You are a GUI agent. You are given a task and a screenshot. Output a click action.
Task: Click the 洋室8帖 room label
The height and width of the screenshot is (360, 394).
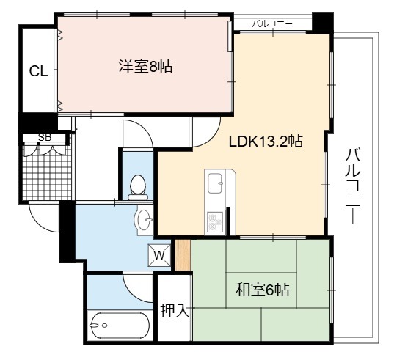[145, 66]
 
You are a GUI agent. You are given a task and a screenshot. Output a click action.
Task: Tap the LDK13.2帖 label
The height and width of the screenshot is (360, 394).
[266, 141]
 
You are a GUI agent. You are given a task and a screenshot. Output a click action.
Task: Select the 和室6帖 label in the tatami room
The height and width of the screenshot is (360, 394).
[262, 290]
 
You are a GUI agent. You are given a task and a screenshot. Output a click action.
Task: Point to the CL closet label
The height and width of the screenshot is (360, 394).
[38, 71]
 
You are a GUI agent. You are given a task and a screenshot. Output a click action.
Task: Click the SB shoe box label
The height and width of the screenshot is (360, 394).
[45, 138]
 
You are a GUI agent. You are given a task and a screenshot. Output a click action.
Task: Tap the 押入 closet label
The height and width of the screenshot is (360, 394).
[175, 311]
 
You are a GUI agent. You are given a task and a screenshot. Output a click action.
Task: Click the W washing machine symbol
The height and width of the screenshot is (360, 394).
[159, 255]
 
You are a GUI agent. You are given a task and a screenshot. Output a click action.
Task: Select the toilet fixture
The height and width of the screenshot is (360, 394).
[138, 187]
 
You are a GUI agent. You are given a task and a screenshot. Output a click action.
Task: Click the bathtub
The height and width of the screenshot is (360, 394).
[119, 326]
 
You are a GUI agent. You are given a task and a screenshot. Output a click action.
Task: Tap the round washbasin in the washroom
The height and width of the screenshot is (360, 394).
[144, 220]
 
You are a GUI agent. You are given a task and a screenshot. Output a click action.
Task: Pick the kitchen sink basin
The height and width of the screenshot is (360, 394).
[215, 183]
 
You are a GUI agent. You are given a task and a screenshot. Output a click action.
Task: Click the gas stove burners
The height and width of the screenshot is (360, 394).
[215, 221]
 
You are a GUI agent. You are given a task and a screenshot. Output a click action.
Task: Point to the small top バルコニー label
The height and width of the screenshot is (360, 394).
[272, 24]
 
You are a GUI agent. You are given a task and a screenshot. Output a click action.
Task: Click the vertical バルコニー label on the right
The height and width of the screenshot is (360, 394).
[352, 185]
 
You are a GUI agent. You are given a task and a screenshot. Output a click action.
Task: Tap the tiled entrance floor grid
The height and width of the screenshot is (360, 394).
[47, 172]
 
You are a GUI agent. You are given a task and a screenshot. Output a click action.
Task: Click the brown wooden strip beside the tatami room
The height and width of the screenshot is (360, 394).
[183, 255]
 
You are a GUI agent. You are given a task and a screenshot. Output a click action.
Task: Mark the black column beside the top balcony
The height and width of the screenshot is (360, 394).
[323, 22]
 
